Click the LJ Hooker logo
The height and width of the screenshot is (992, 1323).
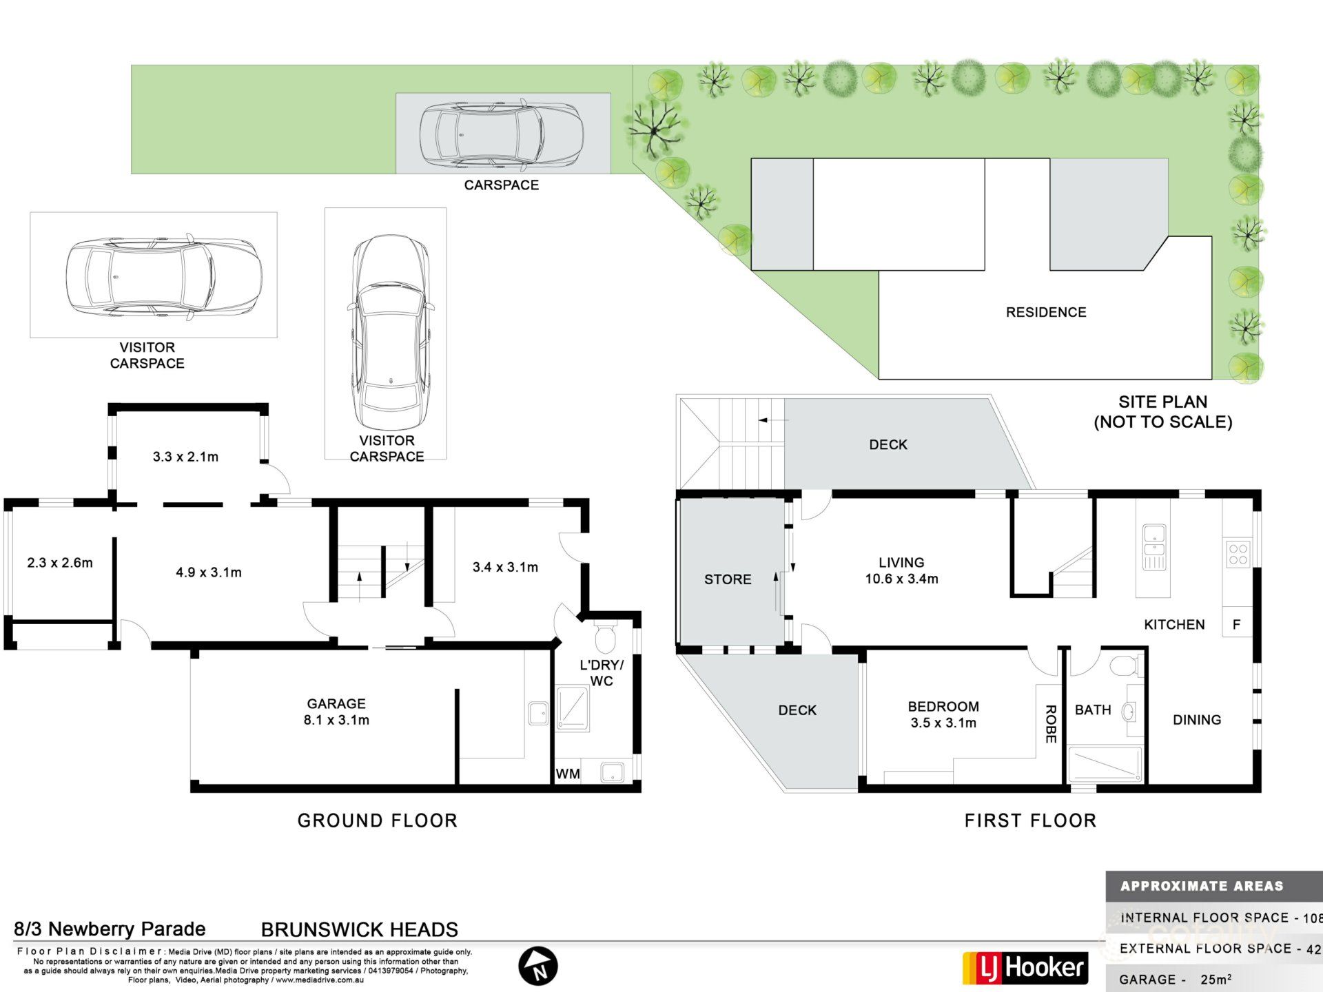click(x=1025, y=968)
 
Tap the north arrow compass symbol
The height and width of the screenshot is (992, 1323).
click(x=538, y=966)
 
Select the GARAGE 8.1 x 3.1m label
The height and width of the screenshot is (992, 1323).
click(x=336, y=712)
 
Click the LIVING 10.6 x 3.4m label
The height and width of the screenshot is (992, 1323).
click(x=901, y=570)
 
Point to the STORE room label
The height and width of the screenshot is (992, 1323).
click(x=728, y=579)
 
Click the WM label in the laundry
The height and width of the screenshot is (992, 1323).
click(x=568, y=774)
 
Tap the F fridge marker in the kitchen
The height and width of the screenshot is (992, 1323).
click(x=1236, y=624)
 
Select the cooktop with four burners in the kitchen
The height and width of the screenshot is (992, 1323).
click(x=1238, y=555)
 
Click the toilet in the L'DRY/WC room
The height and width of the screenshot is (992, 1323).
click(x=604, y=638)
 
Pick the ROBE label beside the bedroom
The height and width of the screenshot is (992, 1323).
click(x=1050, y=724)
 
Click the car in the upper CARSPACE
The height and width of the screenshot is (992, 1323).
click(x=502, y=134)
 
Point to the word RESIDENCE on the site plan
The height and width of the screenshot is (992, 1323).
click(x=1045, y=312)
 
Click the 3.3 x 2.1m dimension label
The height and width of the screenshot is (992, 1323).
click(x=185, y=457)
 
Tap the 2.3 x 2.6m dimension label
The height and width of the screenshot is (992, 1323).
click(x=60, y=563)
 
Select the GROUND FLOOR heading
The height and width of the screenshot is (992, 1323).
click(x=377, y=820)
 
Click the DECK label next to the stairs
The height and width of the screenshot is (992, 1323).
click(x=888, y=444)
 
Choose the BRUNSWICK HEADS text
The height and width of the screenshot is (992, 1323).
click(x=359, y=929)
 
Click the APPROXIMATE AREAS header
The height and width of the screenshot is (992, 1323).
click(x=1201, y=886)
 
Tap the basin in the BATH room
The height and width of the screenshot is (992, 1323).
click(x=1129, y=711)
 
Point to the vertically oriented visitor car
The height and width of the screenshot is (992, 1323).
click(x=390, y=333)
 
